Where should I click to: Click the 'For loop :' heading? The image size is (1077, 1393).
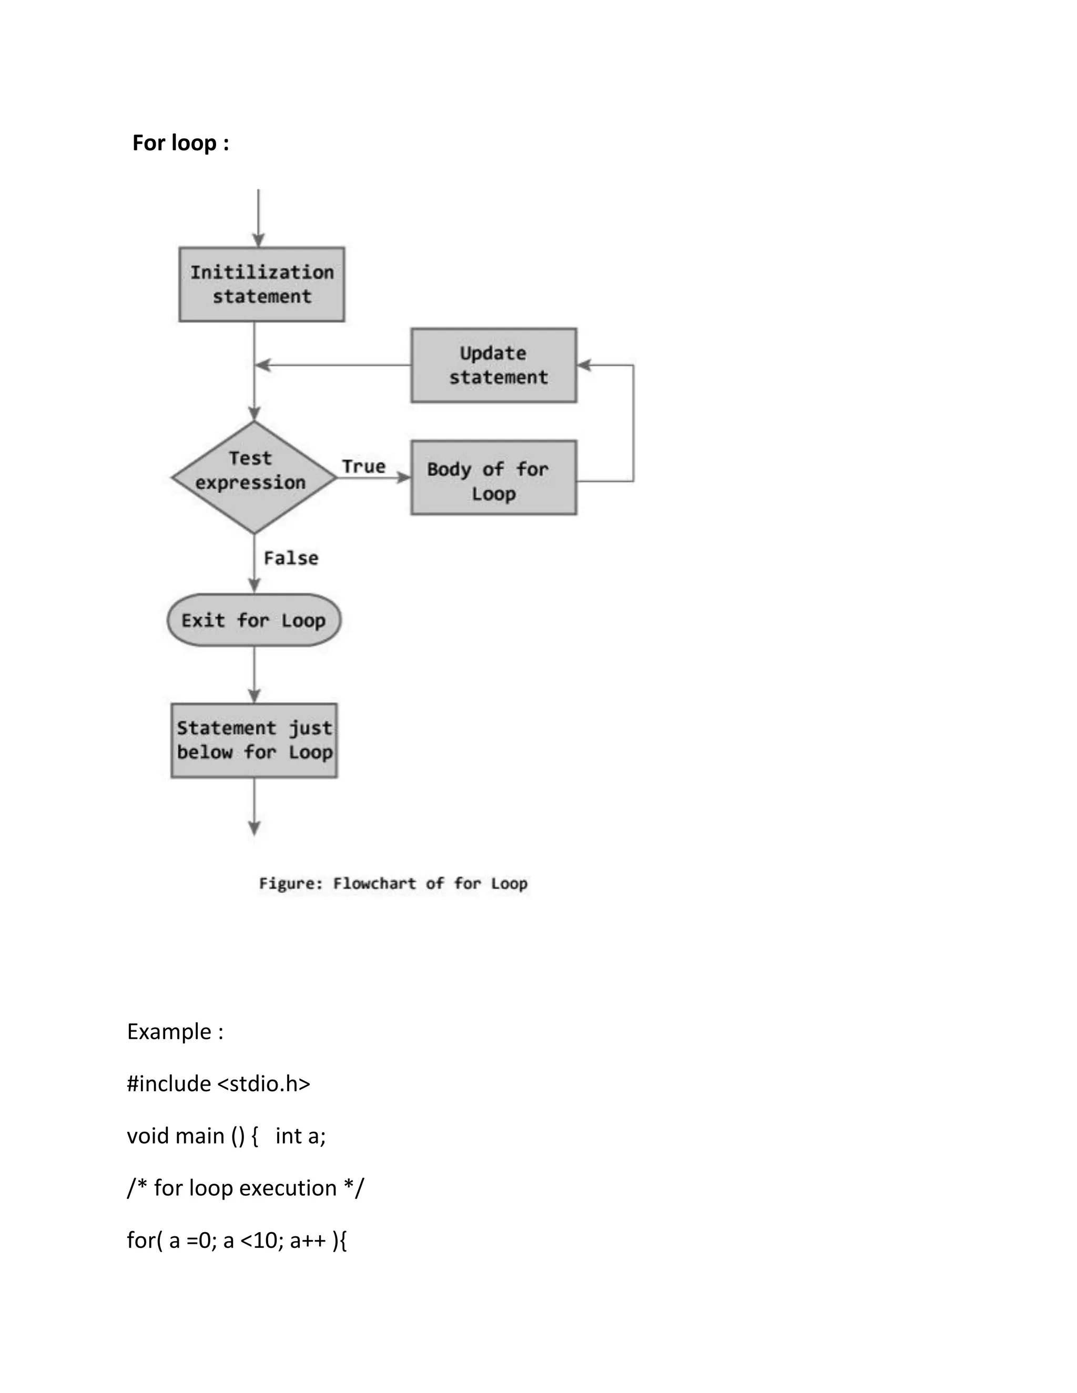pyautogui.click(x=180, y=143)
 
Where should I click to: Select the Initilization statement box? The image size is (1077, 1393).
pyautogui.click(x=261, y=284)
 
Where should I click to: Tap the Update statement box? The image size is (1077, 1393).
pyautogui.click(x=493, y=365)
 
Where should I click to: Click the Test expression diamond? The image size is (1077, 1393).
pyautogui.click(x=253, y=477)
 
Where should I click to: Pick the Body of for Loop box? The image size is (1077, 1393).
pyautogui.click(x=493, y=478)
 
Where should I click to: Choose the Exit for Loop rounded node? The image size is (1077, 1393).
pyautogui.click(x=254, y=620)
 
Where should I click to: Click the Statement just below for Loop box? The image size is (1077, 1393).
pyautogui.click(x=254, y=741)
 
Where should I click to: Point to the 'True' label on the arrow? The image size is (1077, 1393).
pyautogui.click(x=364, y=466)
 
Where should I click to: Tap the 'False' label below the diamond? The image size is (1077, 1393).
pyautogui.click(x=291, y=558)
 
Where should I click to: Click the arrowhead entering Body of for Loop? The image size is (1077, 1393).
pyautogui.click(x=404, y=477)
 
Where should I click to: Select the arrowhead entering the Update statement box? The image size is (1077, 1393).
pyautogui.click(x=584, y=365)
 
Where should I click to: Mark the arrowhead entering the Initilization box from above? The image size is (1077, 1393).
pyautogui.click(x=258, y=240)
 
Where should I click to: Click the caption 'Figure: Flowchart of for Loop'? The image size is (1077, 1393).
pyautogui.click(x=393, y=884)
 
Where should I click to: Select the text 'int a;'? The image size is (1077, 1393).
pyautogui.click(x=300, y=1136)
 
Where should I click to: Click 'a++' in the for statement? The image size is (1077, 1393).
pyautogui.click(x=308, y=1241)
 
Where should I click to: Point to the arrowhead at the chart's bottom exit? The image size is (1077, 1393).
pyautogui.click(x=254, y=828)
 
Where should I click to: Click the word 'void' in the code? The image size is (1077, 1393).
pyautogui.click(x=148, y=1136)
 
